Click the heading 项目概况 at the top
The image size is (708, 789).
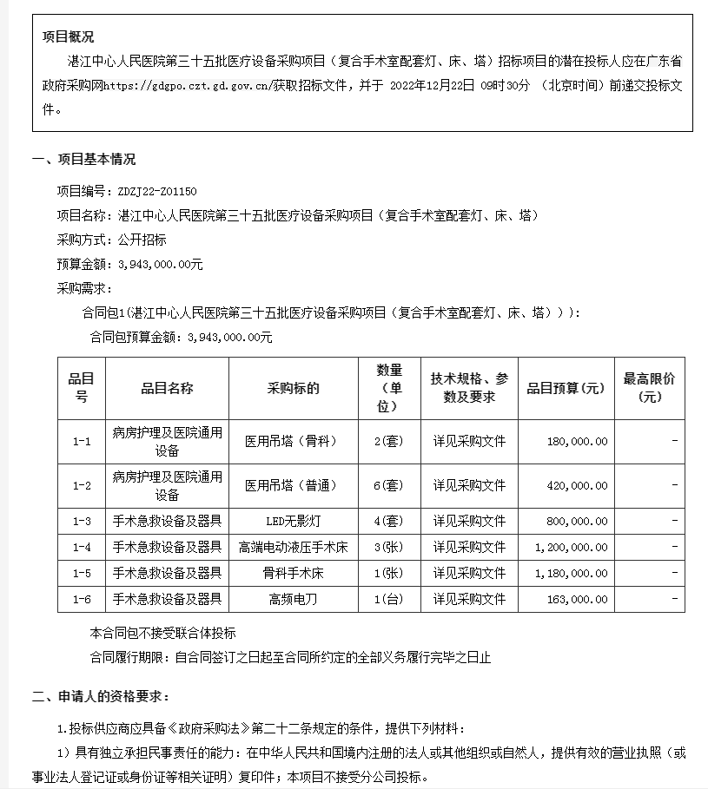[69, 36]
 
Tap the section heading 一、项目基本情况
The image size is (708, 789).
[84, 160]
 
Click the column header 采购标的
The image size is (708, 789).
[293, 389]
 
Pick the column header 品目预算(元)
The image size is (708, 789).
[565, 389]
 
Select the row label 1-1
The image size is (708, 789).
[82, 441]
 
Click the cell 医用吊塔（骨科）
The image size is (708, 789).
[293, 441]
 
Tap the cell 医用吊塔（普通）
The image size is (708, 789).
[293, 485]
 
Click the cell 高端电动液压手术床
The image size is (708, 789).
[293, 548]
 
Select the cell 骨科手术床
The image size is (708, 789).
[293, 574]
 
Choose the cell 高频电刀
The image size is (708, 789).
[293, 599]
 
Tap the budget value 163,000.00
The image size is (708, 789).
[578, 599]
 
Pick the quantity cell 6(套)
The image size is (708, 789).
[388, 485]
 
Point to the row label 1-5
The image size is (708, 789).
[82, 574]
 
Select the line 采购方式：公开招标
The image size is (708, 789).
[111, 240]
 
